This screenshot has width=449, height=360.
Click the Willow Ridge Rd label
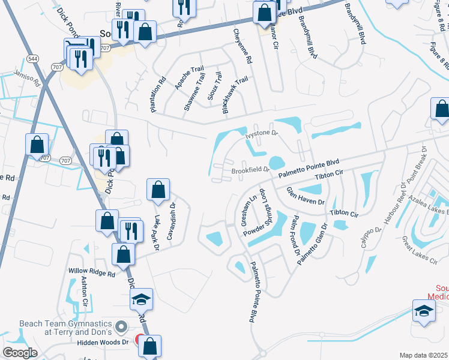[x=91, y=272]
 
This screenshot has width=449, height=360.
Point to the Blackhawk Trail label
[x=235, y=95]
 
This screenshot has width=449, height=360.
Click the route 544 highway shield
[x=32, y=59]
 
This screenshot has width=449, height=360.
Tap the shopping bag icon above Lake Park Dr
[x=158, y=190]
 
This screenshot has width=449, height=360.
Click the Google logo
[x=20, y=353]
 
